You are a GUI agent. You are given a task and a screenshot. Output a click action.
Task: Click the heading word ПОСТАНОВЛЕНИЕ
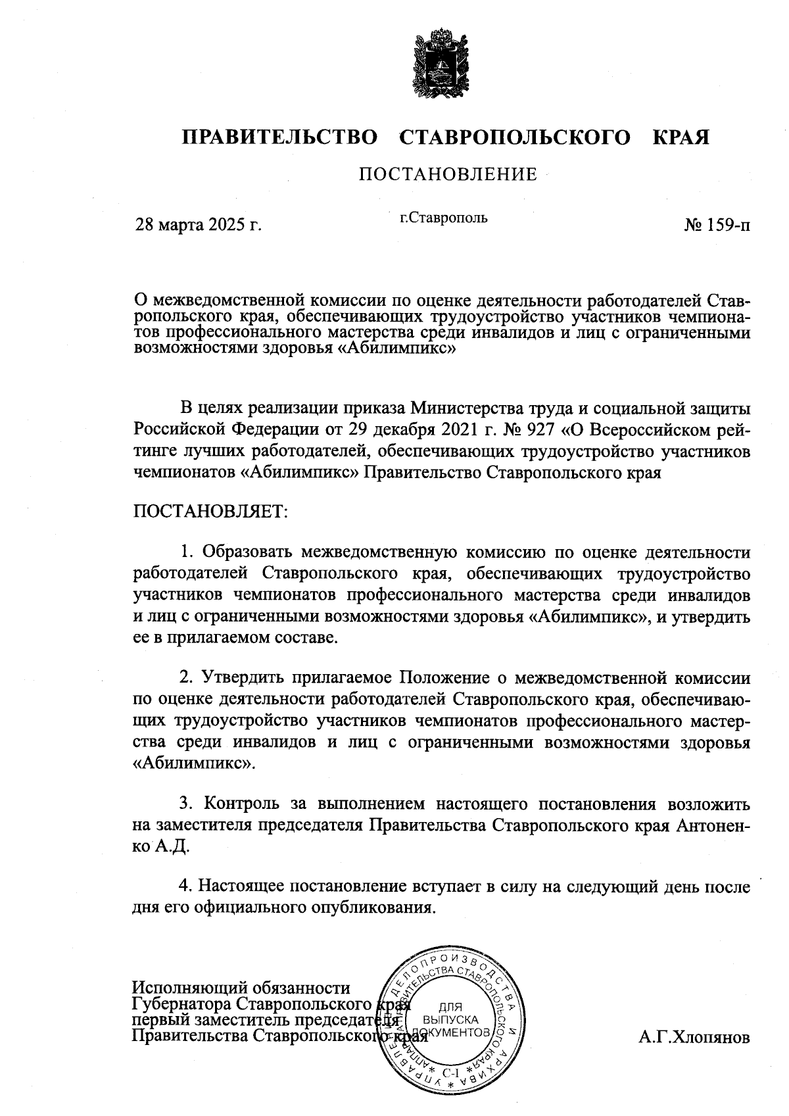coord(447,174)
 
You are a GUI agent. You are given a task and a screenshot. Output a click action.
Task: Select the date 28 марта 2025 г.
coord(198,225)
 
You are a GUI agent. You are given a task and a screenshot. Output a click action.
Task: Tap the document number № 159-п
coord(717,225)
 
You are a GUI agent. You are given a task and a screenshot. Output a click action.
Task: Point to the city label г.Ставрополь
coord(444,217)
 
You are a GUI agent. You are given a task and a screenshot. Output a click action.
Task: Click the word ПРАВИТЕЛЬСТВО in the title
coord(280,137)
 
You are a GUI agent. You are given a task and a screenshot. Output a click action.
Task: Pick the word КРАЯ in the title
coord(681,137)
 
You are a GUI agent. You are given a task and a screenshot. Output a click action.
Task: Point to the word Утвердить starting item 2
coord(243,677)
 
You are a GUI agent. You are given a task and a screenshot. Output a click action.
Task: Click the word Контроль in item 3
coord(243,804)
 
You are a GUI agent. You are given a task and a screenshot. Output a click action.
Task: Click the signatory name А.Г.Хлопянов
coord(694,1038)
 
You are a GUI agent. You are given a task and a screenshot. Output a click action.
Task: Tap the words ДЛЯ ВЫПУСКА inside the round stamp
coord(450,1013)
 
